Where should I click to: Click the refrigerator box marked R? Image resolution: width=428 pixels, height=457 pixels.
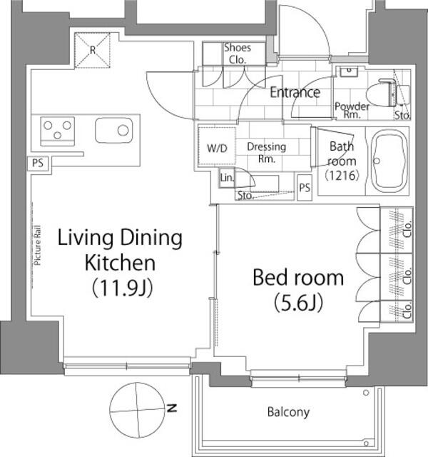pyautogui.click(x=92, y=51)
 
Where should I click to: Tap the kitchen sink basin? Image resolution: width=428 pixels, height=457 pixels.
pyautogui.click(x=114, y=130)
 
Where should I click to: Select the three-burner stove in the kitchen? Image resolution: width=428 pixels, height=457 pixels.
pyautogui.click(x=57, y=131)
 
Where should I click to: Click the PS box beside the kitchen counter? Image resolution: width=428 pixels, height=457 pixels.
pyautogui.click(x=38, y=164)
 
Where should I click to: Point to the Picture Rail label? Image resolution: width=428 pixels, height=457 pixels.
pyautogui.click(x=37, y=246)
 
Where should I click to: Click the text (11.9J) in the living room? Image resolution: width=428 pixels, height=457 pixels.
pyautogui.click(x=122, y=288)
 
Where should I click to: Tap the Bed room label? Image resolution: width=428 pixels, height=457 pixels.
pyautogui.click(x=298, y=278)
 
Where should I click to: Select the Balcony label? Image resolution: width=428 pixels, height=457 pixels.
pyautogui.click(x=288, y=412)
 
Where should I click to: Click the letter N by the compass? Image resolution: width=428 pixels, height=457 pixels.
pyautogui.click(x=172, y=408)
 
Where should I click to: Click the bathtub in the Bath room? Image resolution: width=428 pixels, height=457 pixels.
pyautogui.click(x=389, y=161)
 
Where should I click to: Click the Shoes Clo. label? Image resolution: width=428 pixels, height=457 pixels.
pyautogui.click(x=238, y=54)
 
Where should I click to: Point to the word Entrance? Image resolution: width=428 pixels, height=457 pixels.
pyautogui.click(x=295, y=92)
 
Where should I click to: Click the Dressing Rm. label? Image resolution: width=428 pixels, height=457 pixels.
pyautogui.click(x=266, y=152)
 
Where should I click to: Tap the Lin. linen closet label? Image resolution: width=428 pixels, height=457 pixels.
pyautogui.click(x=227, y=178)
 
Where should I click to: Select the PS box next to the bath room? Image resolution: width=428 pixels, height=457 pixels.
pyautogui.click(x=305, y=187)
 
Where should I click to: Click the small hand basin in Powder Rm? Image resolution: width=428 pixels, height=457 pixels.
pyautogui.click(x=349, y=71)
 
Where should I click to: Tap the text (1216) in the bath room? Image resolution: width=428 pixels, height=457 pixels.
pyautogui.click(x=342, y=176)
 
